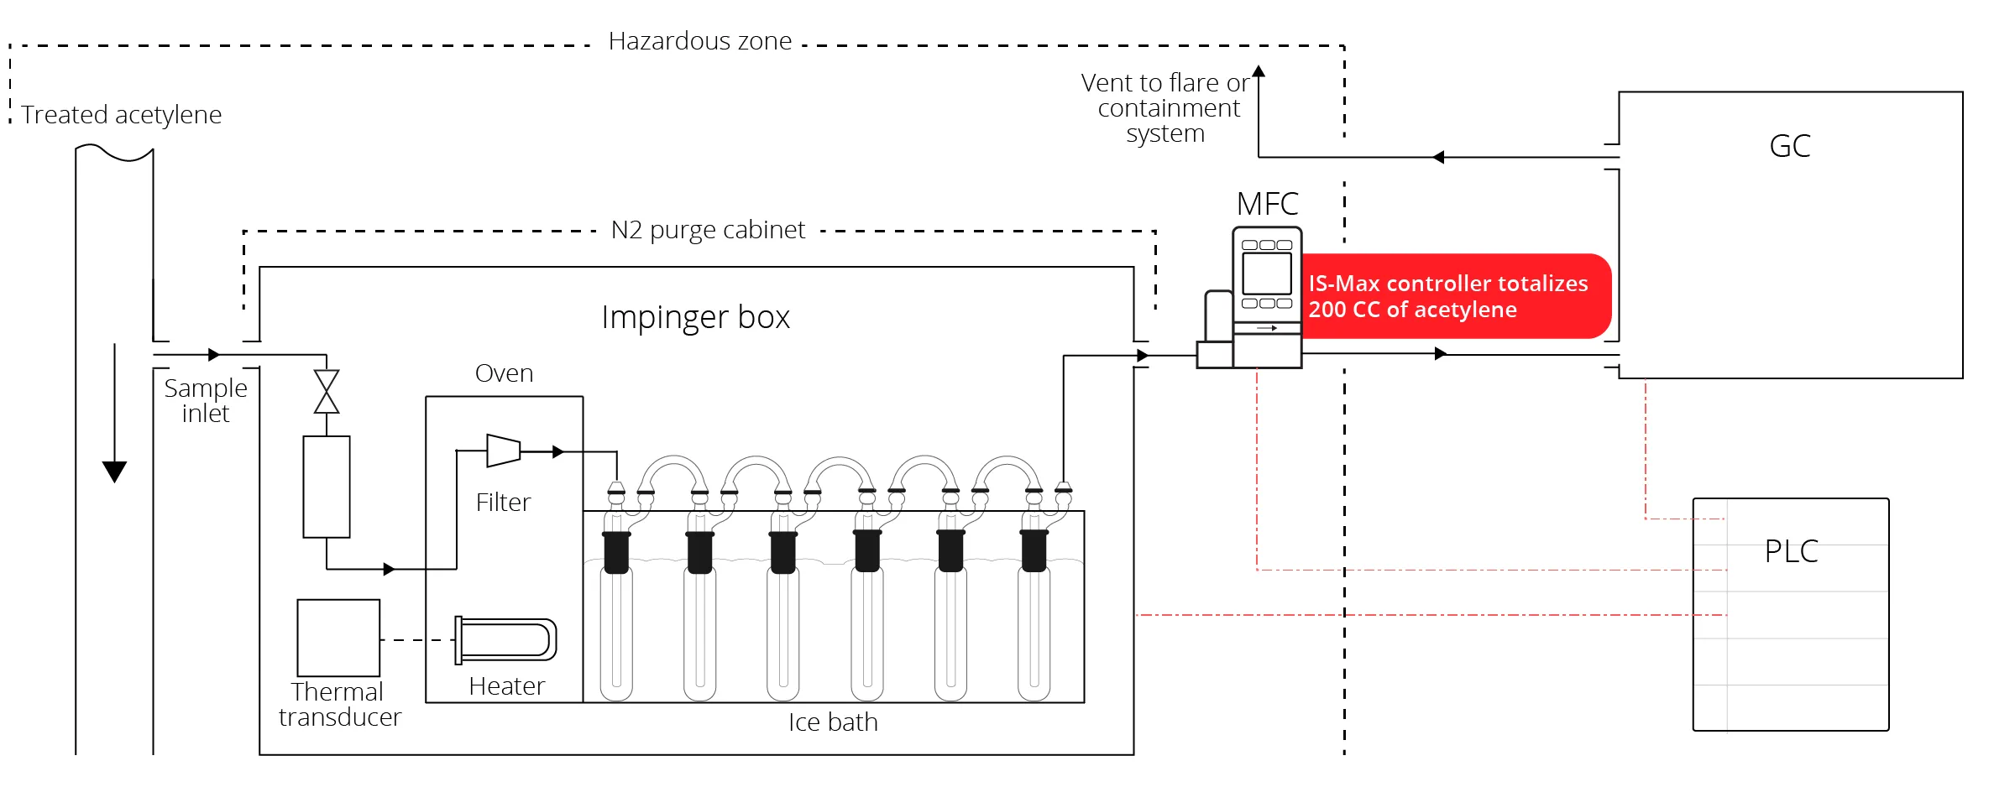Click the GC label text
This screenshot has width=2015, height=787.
coord(1789,146)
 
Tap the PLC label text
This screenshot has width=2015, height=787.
coord(1791,551)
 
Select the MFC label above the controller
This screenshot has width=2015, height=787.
coord(1267,204)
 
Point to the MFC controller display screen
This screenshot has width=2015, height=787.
coord(1267,274)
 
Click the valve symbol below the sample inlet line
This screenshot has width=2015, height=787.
coord(327,392)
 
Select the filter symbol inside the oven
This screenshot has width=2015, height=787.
coord(504,451)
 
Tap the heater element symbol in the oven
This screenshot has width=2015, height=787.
coord(506,640)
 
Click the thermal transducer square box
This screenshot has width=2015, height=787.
coord(338,638)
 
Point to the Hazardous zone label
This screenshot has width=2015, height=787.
coord(699,41)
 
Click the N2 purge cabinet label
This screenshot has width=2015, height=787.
coord(708,230)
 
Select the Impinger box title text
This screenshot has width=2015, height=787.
coord(695,317)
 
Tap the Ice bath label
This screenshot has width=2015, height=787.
coord(833,722)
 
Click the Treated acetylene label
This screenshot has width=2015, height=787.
coord(122,115)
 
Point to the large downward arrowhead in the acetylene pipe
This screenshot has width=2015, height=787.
coord(114,472)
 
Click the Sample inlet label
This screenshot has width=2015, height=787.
coord(206,401)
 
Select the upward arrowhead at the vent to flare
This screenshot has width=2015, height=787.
coord(1259,71)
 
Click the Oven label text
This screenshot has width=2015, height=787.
coord(504,373)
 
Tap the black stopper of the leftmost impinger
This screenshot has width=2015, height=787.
coord(616,553)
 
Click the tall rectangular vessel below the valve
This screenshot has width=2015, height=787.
coord(327,487)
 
